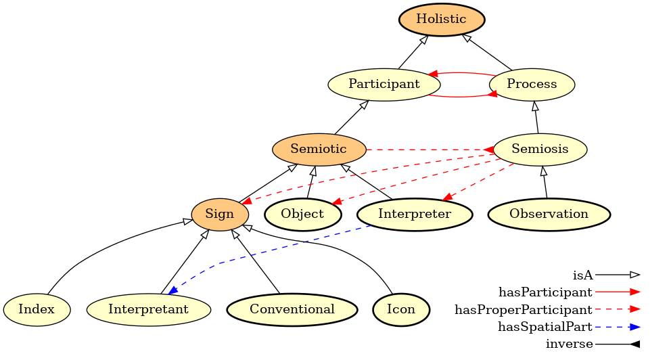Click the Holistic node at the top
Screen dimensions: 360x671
[x=441, y=19]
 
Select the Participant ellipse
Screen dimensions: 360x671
[x=384, y=85]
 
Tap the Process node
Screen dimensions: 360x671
[x=532, y=85]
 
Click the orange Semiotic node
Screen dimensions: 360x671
[x=319, y=149]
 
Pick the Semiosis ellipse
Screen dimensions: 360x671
[x=540, y=149]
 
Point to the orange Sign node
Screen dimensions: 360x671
[x=220, y=215]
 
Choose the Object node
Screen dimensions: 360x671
[x=302, y=215]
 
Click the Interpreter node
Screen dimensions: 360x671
[x=414, y=215]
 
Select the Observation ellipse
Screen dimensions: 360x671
[x=549, y=215]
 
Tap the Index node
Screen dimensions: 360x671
[x=37, y=310]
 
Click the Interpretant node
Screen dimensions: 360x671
[x=148, y=310]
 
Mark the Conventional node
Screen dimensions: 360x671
[x=292, y=310]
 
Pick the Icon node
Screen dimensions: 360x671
[x=401, y=310]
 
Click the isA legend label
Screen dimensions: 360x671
[x=582, y=275]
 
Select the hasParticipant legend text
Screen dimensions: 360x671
[x=545, y=292]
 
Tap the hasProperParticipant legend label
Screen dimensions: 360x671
[x=524, y=310]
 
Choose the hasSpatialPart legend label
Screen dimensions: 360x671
[x=545, y=327]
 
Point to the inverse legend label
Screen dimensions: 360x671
[x=569, y=344]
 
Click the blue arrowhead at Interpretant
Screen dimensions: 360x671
[x=173, y=290]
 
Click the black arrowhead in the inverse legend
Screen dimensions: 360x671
[x=634, y=344]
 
